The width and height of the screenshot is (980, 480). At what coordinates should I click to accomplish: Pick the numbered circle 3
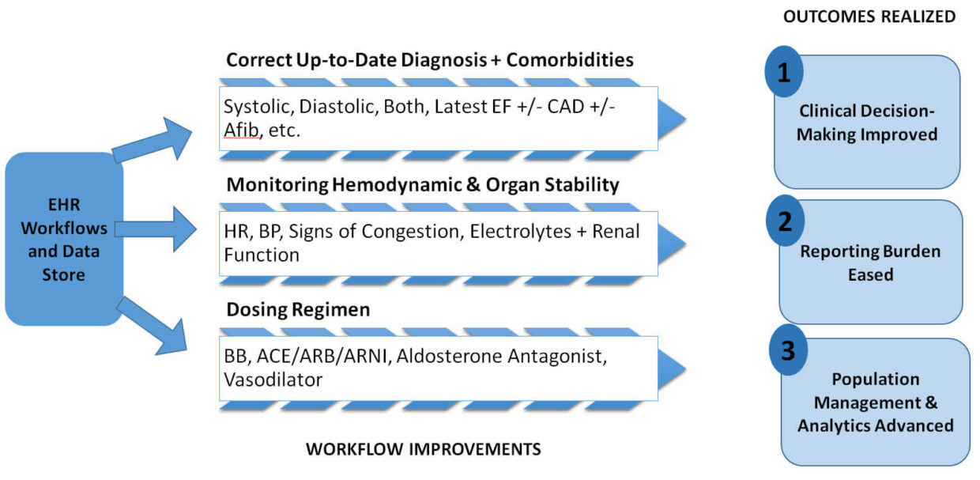[x=788, y=350]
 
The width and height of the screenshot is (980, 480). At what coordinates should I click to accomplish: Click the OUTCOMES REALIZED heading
[x=869, y=16]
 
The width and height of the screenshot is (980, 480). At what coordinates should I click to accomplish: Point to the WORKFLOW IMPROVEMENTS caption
[x=423, y=449]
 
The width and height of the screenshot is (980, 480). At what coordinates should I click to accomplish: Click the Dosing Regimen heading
[x=298, y=309]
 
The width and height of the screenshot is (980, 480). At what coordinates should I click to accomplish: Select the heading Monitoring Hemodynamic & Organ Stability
[x=422, y=185]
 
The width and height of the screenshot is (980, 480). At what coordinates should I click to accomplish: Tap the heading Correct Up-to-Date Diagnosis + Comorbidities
[x=430, y=60]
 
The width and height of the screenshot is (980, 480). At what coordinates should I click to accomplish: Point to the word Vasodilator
[x=273, y=380]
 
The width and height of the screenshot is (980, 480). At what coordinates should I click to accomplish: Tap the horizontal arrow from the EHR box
[x=155, y=230]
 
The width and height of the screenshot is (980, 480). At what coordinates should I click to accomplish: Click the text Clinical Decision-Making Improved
[x=866, y=123]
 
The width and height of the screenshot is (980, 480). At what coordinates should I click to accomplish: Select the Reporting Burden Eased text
[x=870, y=263]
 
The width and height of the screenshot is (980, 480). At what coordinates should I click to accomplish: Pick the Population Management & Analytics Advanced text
[x=875, y=403]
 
